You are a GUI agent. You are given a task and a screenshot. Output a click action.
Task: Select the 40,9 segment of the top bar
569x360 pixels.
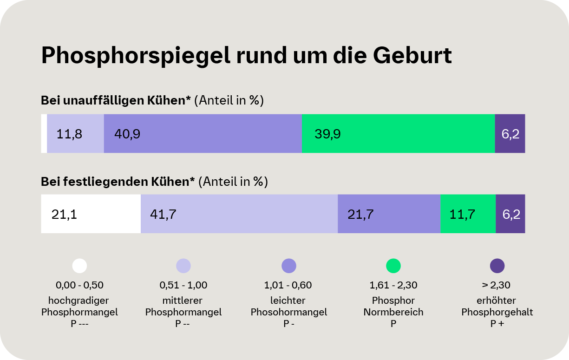click(x=203, y=134)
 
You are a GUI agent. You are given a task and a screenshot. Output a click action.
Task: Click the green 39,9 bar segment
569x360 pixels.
click(x=398, y=134)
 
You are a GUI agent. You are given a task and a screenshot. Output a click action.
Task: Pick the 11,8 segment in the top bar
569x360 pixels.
click(x=75, y=134)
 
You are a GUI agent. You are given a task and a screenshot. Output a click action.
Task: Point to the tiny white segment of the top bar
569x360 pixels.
click(x=44, y=134)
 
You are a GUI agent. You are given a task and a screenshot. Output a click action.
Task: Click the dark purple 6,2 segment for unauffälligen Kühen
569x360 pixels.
click(x=510, y=134)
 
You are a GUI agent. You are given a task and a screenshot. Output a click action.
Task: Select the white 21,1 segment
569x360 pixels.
click(x=91, y=214)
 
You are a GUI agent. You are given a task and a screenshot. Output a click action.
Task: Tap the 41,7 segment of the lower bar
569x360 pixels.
click(x=239, y=214)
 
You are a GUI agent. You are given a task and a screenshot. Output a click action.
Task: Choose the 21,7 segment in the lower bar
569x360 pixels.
click(x=389, y=214)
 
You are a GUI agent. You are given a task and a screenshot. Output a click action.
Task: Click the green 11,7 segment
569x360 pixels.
click(x=468, y=214)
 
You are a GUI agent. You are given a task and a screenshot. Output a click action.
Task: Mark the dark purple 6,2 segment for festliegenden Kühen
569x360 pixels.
click(x=510, y=214)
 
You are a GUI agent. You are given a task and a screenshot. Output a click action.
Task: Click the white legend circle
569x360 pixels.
click(x=79, y=266)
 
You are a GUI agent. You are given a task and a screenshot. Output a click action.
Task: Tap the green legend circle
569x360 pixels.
click(x=393, y=266)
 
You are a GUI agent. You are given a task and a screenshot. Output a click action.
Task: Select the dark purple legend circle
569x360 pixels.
click(x=497, y=266)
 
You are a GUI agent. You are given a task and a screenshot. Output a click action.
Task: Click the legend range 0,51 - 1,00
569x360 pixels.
click(x=183, y=285)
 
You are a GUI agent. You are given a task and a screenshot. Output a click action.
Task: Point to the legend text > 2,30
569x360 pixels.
click(x=497, y=285)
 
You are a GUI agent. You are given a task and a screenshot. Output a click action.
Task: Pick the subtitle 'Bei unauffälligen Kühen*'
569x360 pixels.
click(x=116, y=100)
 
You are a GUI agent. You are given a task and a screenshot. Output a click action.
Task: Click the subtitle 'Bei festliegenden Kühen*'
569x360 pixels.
click(x=118, y=182)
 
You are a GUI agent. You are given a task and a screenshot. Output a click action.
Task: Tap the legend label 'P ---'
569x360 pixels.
click(x=79, y=324)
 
